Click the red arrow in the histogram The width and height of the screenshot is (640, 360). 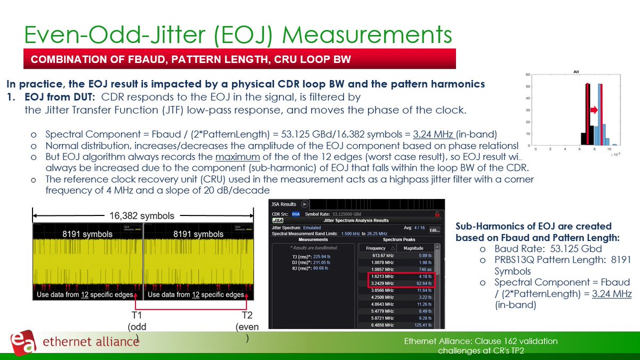[x=593, y=110]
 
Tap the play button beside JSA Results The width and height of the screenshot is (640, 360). [x=305, y=204]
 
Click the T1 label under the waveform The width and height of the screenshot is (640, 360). [x=138, y=315]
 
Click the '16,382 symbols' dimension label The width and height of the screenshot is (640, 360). [x=142, y=216]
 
